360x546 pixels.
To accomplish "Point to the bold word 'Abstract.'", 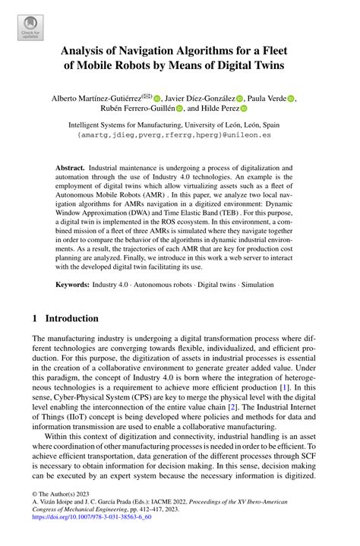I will [x=71, y=166].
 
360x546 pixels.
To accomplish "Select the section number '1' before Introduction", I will [x=36, y=318].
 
